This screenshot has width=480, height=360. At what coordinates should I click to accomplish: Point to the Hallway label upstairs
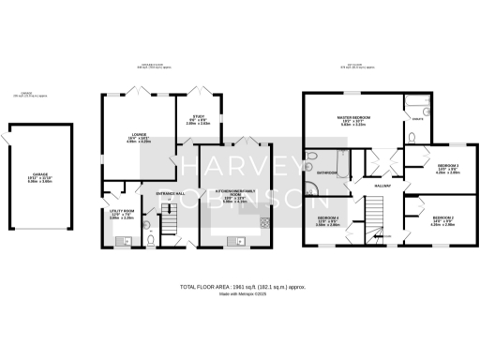coord(382,186)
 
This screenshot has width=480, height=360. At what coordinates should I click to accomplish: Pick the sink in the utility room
coord(121,241)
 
